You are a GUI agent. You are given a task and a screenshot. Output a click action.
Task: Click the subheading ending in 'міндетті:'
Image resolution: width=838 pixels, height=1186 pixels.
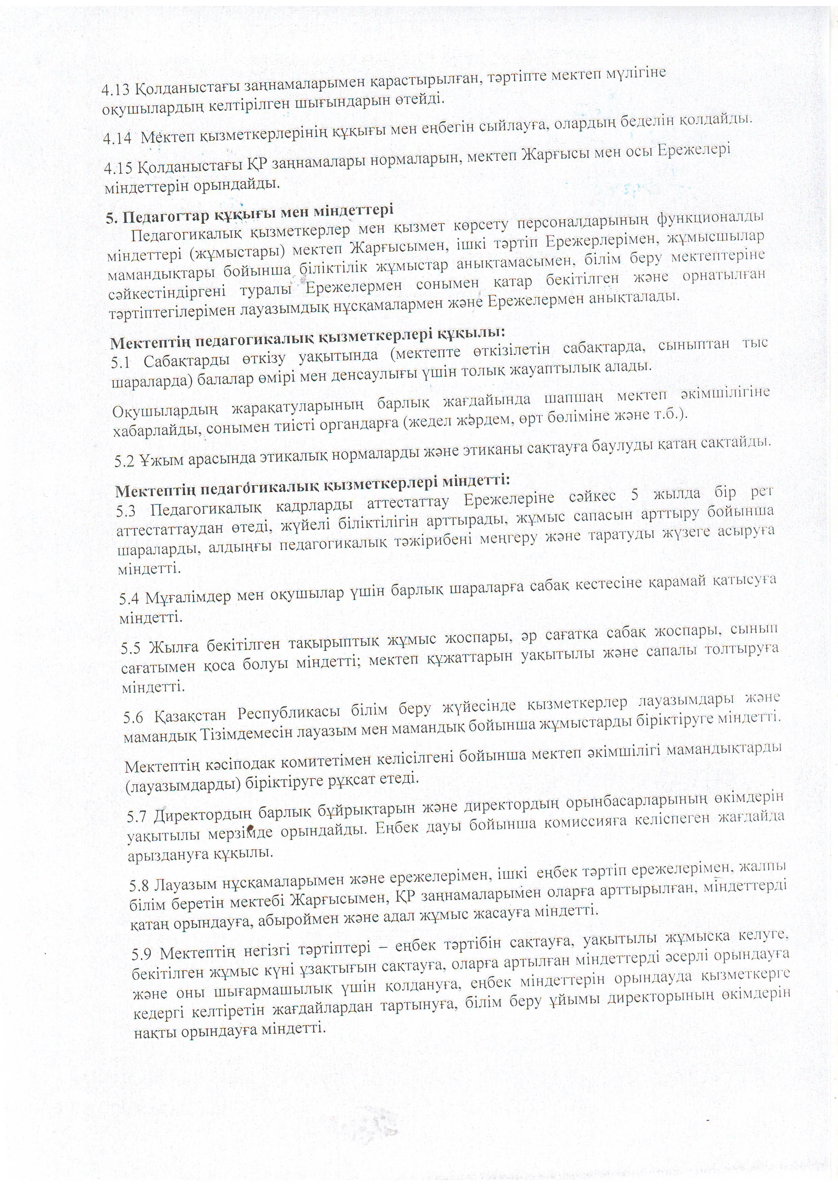(312, 486)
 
